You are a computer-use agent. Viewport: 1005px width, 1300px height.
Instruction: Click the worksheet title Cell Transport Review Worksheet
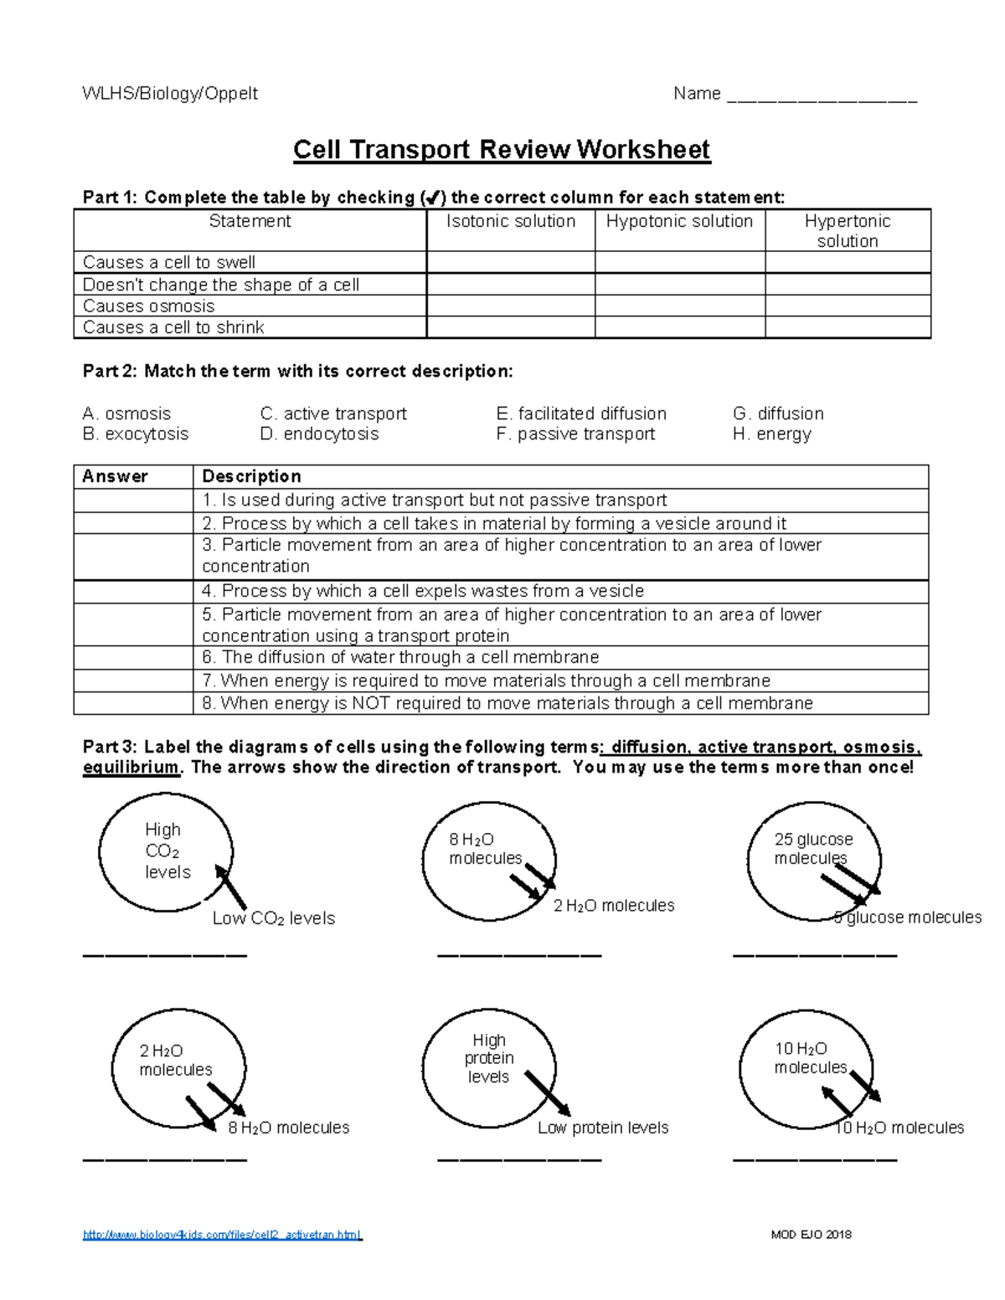[501, 150]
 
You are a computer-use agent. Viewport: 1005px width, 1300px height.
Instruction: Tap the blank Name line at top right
[822, 95]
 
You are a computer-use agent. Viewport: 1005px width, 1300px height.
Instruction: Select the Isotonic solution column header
[510, 222]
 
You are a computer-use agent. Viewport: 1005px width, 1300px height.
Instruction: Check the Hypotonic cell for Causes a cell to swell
[679, 262]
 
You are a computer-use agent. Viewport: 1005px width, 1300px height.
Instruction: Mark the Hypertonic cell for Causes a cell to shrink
[847, 327]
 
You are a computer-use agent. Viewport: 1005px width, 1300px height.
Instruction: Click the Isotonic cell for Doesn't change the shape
[510, 285]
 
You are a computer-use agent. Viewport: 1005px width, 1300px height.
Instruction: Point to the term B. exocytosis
[136, 434]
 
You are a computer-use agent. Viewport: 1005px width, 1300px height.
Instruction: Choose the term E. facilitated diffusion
[581, 414]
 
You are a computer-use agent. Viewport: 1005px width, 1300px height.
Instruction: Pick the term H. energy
[771, 434]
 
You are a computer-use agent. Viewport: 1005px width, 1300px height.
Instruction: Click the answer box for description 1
[133, 501]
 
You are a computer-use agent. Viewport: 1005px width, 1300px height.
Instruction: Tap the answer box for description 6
[133, 657]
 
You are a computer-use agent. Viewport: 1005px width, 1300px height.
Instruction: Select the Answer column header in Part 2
[116, 476]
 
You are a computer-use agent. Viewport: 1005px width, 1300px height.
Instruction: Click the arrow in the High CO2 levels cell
[230, 886]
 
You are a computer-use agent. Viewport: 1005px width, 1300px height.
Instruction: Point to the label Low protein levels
[603, 1128]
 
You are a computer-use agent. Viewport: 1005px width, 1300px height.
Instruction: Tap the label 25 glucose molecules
[812, 848]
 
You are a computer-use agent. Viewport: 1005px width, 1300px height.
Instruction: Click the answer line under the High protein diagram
[519, 1159]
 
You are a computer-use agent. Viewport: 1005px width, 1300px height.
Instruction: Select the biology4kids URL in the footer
[222, 1235]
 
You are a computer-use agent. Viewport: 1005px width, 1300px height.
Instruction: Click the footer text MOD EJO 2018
[811, 1235]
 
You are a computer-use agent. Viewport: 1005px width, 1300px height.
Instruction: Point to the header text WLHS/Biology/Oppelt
[170, 94]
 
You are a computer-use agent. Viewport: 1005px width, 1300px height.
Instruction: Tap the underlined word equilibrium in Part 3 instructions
[131, 768]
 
